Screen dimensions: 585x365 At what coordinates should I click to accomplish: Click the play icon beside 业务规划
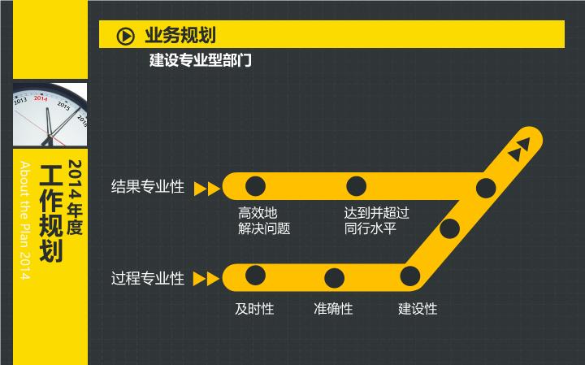[125, 37]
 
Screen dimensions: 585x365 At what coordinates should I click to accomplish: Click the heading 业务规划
[180, 36]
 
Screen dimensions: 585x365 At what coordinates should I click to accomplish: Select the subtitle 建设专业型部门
[201, 60]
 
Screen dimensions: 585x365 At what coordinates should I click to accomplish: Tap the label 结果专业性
[148, 187]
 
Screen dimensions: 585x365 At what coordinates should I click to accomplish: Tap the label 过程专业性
[148, 278]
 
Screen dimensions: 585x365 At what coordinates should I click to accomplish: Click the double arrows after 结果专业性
[207, 189]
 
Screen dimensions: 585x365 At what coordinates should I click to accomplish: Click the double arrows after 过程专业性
[206, 279]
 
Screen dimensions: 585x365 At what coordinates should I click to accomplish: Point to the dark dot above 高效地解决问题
[256, 186]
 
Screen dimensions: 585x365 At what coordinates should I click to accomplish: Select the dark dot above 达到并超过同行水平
[356, 186]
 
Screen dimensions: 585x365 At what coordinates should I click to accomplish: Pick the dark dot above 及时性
[256, 276]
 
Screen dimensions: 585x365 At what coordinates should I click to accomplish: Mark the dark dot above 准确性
[334, 278]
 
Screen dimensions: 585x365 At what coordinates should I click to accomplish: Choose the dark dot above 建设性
[410, 276]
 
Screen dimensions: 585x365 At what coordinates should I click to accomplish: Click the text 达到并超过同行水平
[376, 220]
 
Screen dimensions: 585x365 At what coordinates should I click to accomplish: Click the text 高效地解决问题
[264, 220]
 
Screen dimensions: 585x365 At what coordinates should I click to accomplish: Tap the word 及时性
[254, 309]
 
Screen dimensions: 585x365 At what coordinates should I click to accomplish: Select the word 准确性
[333, 309]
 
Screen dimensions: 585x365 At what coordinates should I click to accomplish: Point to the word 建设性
[418, 309]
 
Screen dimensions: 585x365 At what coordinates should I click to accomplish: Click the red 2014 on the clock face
[41, 98]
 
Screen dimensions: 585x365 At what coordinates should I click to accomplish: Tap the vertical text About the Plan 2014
[24, 220]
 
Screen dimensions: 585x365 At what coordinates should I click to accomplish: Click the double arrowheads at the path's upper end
[519, 150]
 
